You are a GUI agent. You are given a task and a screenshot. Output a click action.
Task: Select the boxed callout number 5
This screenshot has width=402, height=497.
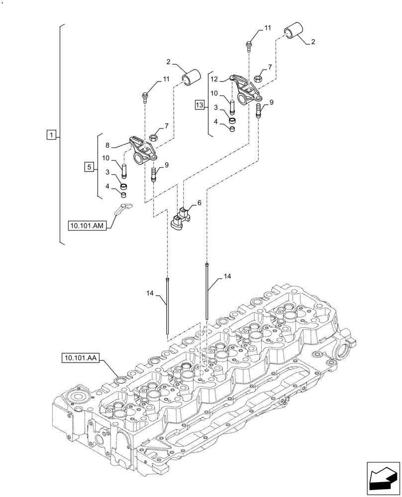(89, 167)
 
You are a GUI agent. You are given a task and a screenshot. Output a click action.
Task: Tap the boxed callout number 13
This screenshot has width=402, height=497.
(200, 105)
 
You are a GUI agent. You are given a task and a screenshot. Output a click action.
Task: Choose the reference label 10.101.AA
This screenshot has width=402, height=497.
(81, 357)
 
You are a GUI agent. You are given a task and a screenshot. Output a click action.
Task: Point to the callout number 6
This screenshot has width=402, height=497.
(199, 203)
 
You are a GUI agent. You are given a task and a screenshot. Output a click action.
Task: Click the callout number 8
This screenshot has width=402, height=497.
(108, 145)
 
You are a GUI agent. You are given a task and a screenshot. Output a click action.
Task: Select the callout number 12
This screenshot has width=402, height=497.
(215, 79)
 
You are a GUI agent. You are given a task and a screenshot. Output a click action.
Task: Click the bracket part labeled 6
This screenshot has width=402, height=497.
(182, 218)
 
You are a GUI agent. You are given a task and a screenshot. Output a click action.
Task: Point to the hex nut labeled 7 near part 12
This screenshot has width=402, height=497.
(258, 78)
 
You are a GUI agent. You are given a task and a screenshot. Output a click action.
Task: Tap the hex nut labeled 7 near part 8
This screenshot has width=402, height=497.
(154, 137)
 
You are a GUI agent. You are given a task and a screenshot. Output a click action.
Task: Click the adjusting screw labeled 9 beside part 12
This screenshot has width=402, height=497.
(258, 110)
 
